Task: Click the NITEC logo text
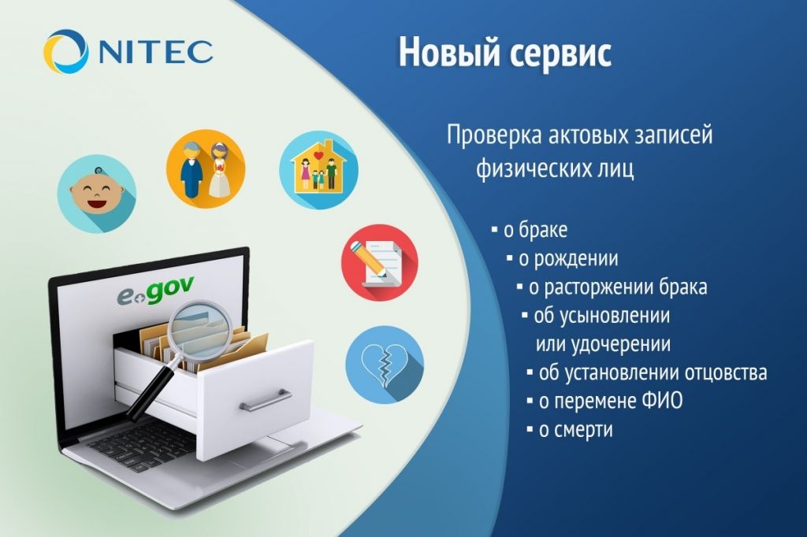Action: click(x=155, y=51)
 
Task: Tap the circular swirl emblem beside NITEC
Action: click(x=66, y=52)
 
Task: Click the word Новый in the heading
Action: click(x=444, y=52)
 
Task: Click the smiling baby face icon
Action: click(x=97, y=194)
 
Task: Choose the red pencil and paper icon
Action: click(x=380, y=262)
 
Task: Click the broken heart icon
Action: click(x=385, y=364)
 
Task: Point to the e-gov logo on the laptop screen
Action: click(x=155, y=292)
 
